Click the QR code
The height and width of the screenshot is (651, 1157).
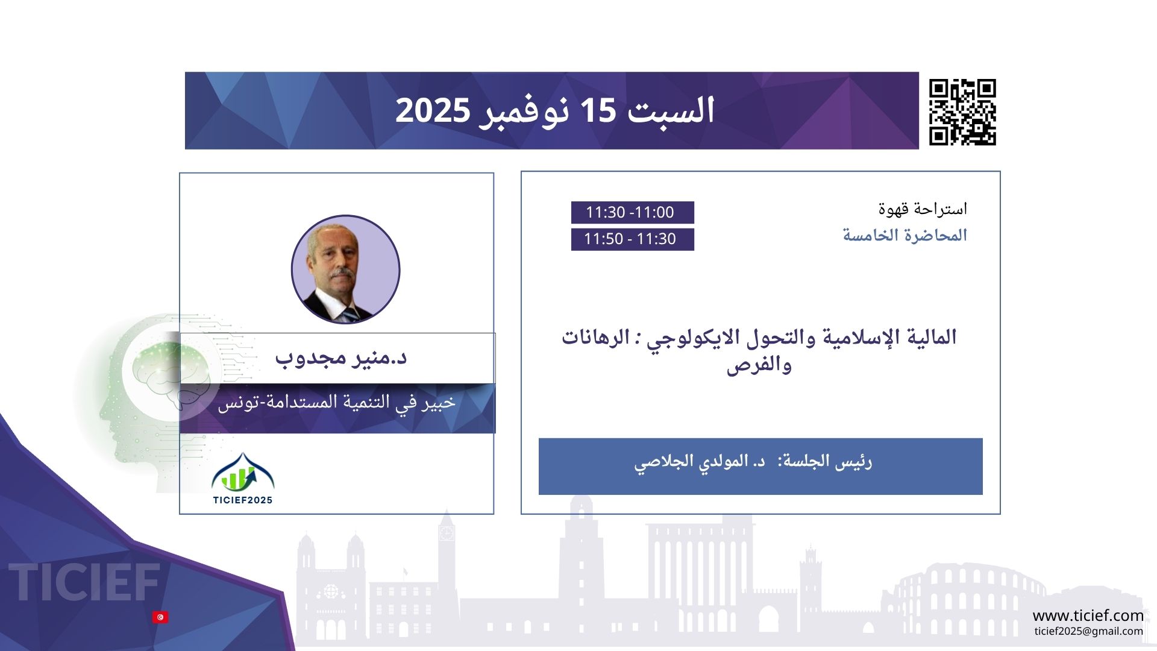962,112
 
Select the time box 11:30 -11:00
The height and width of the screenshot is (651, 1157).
632,212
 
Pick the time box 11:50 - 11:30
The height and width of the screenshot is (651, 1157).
632,239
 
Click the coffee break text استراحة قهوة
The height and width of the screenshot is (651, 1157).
923,209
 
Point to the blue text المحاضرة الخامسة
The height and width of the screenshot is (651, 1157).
905,235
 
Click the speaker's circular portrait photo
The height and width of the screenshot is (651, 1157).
345,269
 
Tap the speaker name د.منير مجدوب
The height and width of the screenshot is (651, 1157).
341,357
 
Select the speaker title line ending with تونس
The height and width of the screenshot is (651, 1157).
337,403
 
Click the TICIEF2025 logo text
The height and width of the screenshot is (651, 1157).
243,500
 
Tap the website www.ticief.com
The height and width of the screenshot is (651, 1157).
1088,615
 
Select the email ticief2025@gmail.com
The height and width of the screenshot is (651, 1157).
1088,631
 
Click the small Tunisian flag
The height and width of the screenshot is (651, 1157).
160,617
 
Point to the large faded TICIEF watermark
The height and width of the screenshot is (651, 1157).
85,582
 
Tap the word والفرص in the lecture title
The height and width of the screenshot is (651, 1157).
759,365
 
